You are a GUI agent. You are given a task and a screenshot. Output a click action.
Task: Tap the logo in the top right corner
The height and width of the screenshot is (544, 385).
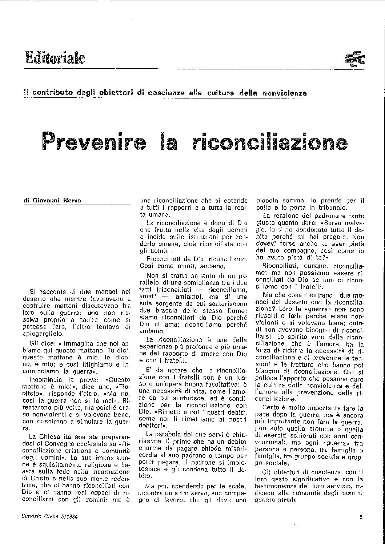tap(355, 58)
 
